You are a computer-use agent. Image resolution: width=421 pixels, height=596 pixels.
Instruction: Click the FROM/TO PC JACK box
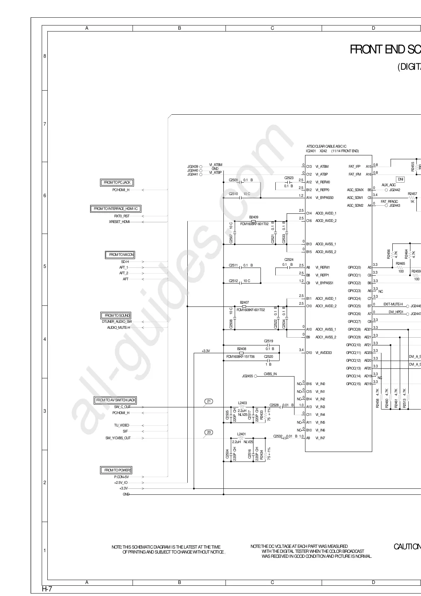[117, 183]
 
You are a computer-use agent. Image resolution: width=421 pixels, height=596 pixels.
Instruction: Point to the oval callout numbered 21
[209, 401]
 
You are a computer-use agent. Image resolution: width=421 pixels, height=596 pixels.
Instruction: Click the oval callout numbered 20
[209, 432]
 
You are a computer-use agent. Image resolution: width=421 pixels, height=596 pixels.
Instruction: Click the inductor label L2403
[242, 403]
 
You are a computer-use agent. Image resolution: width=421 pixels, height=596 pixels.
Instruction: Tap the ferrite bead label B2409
[253, 217]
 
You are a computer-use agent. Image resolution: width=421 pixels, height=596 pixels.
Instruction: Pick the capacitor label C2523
[289, 178]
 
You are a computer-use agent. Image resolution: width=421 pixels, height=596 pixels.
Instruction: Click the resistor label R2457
[412, 194]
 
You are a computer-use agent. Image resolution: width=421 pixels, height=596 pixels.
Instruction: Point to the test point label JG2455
[247, 376]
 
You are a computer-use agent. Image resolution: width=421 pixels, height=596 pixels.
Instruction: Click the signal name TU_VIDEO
[122, 425]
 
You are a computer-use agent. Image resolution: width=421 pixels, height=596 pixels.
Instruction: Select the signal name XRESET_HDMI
[119, 222]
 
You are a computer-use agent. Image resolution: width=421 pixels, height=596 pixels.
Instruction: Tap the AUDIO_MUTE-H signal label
[118, 328]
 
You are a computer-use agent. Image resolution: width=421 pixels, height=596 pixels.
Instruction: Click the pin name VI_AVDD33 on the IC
[323, 353]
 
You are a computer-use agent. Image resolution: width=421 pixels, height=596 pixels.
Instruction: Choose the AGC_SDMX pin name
[355, 190]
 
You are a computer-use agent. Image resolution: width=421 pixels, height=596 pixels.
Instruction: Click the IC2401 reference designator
[311, 151]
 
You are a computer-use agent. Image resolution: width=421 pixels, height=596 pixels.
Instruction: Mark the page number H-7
[47, 589]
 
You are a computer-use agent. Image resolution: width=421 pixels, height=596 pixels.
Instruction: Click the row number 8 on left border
[45, 56]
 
